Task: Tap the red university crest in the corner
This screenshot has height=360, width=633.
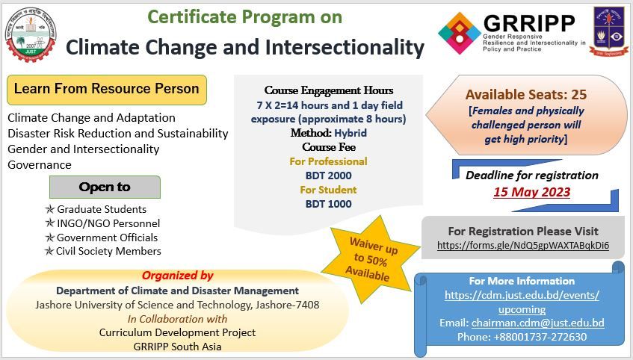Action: coord(608,31)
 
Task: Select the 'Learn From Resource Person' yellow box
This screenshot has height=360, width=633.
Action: coord(106,89)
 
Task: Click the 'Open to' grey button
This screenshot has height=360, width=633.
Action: coord(105,187)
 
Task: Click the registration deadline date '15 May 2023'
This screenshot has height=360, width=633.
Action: coord(531,192)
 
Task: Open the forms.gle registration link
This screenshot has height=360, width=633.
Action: coord(522,245)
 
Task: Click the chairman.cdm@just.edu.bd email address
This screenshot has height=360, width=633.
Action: coord(537,323)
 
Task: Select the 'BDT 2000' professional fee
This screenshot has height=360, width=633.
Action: coord(328,176)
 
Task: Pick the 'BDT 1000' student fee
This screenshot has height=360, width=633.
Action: coord(328,204)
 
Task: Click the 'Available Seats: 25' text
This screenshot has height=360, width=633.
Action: coord(525,95)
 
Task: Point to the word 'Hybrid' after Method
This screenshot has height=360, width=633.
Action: coord(351,133)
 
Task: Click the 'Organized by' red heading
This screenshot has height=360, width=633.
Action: coord(177,276)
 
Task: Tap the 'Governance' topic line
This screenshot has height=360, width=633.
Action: coord(40,165)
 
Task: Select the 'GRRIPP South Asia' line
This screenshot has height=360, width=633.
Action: coord(177,346)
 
